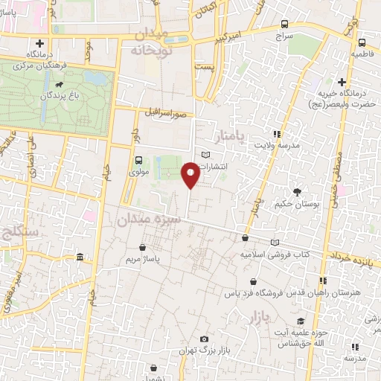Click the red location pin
[x=191, y=176]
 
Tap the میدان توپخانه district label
[x=157, y=43]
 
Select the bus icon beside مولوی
[x=138, y=160]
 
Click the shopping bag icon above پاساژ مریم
[x=142, y=248]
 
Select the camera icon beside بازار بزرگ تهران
[x=204, y=340]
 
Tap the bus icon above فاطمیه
[x=362, y=42]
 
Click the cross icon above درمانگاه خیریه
[x=342, y=82]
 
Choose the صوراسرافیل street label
[x=170, y=115]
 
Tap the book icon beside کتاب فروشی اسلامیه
[x=275, y=243]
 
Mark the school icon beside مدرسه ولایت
[x=277, y=134]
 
